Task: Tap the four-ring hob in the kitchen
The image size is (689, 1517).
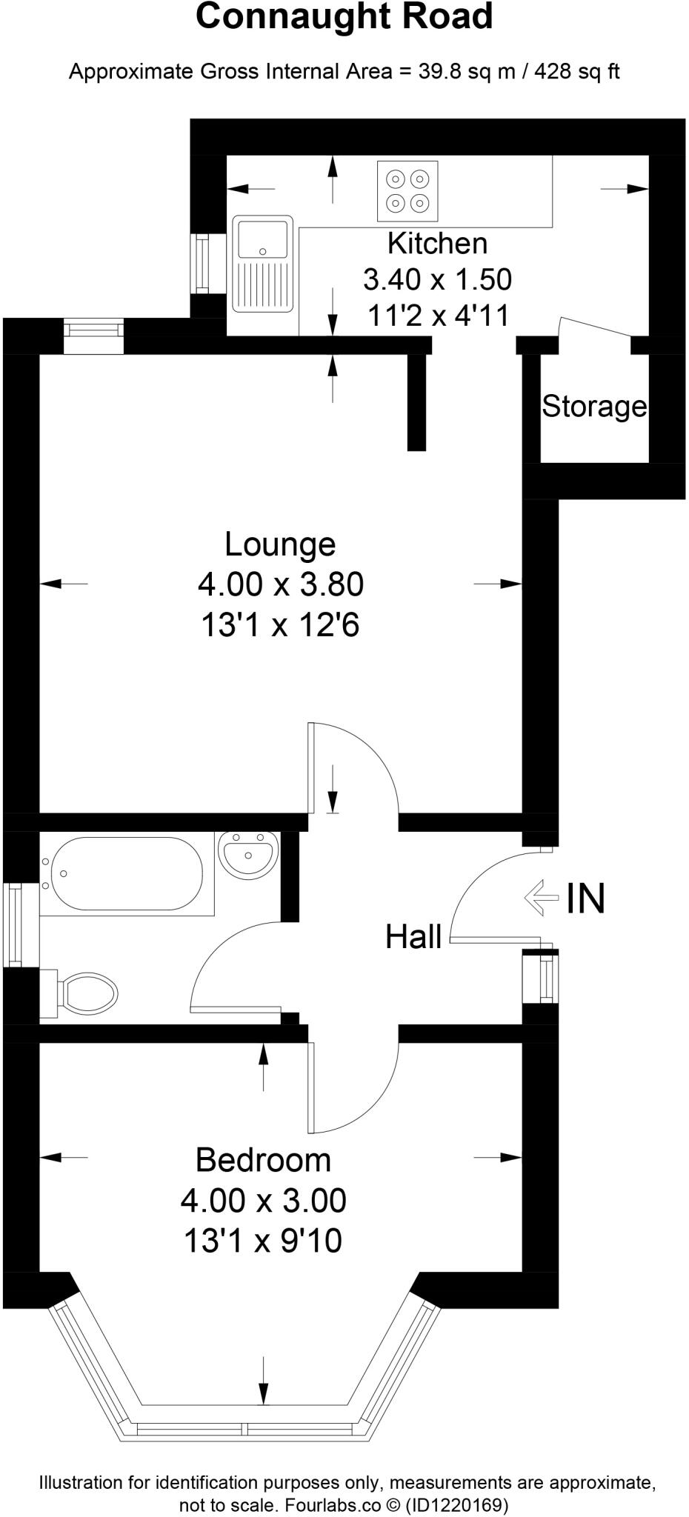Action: (x=407, y=190)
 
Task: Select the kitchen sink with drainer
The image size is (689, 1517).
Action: (x=262, y=263)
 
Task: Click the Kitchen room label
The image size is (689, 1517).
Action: (x=437, y=244)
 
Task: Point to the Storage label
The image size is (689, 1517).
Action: (x=594, y=406)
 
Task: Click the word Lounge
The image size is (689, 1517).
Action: (x=280, y=544)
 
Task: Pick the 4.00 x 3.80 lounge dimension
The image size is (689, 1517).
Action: (x=280, y=584)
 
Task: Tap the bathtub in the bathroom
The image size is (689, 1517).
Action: (x=122, y=873)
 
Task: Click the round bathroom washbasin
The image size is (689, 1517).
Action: (x=248, y=854)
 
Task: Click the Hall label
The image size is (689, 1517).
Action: (x=413, y=937)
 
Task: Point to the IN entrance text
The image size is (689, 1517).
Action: (x=586, y=898)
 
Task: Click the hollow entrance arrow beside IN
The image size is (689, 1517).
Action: (x=541, y=898)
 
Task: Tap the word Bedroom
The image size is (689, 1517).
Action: (x=263, y=1160)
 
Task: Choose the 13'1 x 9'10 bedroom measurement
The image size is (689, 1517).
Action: (x=263, y=1240)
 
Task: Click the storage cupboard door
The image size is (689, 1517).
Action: (x=597, y=327)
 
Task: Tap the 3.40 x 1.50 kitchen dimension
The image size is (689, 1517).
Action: (x=437, y=280)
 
